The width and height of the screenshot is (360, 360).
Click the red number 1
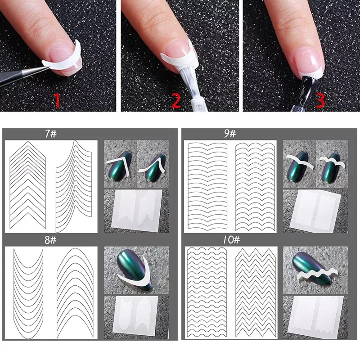pyautogui.click(x=57, y=100)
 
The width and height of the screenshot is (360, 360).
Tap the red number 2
pyautogui.click(x=176, y=100)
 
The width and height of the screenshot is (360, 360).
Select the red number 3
pyautogui.click(x=320, y=100)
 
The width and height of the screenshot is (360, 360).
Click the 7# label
pyautogui.click(x=51, y=134)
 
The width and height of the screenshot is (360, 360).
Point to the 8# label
pyautogui.click(x=50, y=240)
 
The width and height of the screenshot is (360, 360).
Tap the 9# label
pyautogui.click(x=230, y=134)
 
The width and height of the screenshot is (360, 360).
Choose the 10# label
pyautogui.click(x=231, y=240)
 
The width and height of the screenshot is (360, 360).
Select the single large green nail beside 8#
pyautogui.click(x=134, y=269)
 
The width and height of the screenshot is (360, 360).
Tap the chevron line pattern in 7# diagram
pyautogui.click(x=28, y=185)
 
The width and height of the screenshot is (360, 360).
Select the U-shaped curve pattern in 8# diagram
pyautogui.click(x=28, y=293)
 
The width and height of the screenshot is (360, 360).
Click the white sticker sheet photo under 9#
pyautogui.click(x=315, y=211)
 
